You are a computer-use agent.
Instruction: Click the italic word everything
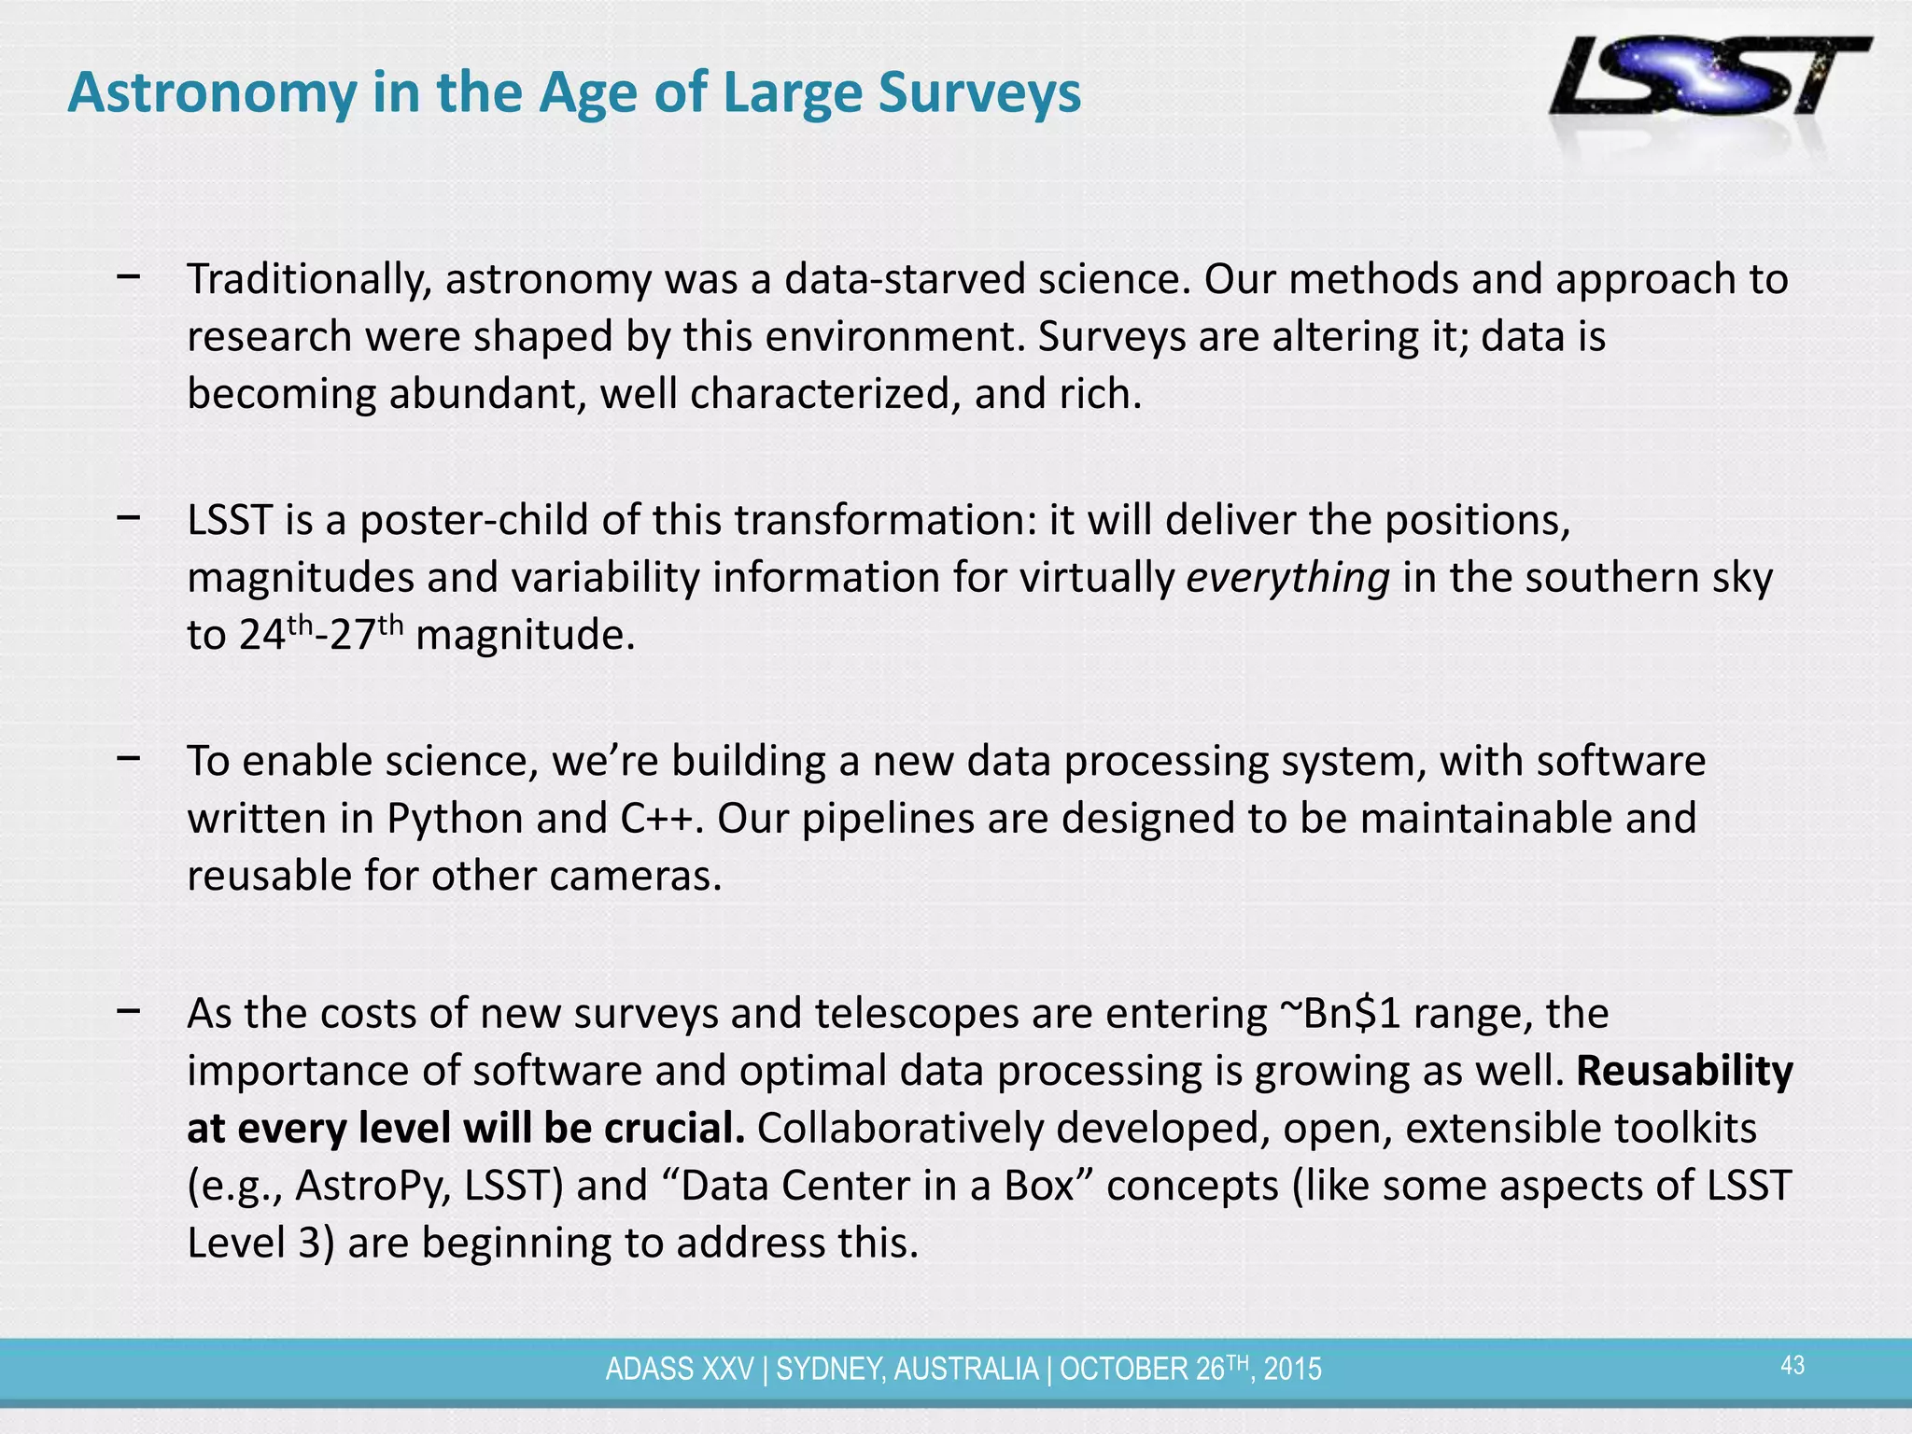(x=1287, y=579)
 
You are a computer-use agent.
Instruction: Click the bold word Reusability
(x=1684, y=1071)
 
